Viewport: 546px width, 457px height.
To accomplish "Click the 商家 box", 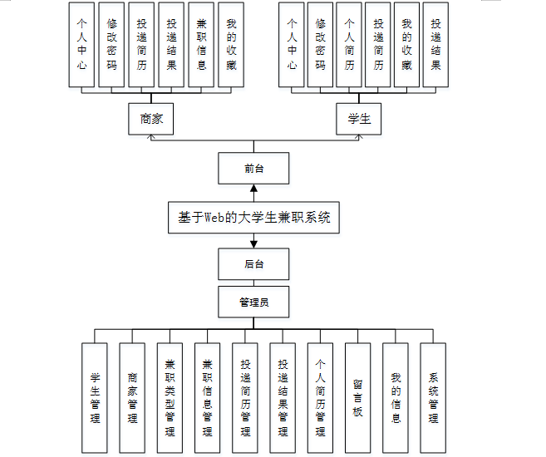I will (x=151, y=119).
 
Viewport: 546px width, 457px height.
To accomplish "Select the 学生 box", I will (x=359, y=119).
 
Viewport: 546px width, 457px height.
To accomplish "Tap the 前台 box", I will (x=253, y=169).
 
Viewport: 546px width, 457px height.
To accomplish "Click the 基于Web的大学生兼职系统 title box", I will (x=253, y=218).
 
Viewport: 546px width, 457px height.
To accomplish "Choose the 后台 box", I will (x=253, y=265).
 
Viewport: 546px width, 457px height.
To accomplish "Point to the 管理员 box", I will (x=253, y=302).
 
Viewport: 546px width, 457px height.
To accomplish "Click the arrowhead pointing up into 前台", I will (x=253, y=190).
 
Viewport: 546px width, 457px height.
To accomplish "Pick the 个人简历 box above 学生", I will (x=350, y=45).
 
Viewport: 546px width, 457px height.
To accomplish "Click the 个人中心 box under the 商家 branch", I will (x=81, y=45).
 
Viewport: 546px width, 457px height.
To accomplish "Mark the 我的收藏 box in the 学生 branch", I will (x=406, y=45).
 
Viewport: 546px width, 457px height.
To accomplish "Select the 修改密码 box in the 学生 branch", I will (x=320, y=45).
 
